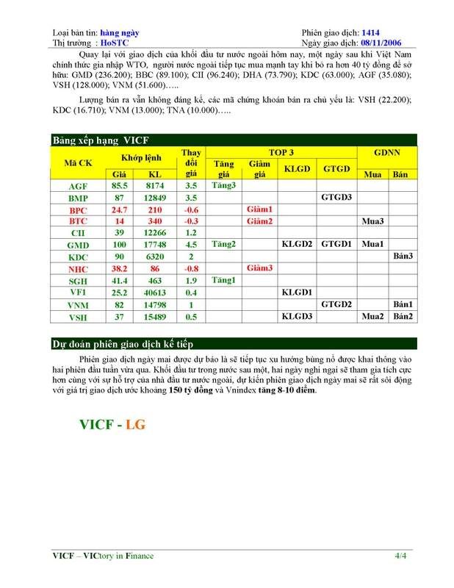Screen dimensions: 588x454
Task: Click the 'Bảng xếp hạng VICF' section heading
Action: coord(100,140)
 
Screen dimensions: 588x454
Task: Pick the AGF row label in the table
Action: coord(78,186)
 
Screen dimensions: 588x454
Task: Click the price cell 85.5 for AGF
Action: coord(118,186)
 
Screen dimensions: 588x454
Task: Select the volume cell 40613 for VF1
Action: coord(155,293)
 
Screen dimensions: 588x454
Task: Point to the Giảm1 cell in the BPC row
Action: coord(261,209)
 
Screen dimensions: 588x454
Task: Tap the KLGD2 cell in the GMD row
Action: coord(298,245)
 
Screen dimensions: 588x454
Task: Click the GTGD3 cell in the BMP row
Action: coord(336,198)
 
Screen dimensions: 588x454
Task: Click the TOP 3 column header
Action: coord(281,152)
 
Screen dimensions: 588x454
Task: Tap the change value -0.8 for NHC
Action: coord(191,268)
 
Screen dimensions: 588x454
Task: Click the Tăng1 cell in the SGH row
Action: coord(224,280)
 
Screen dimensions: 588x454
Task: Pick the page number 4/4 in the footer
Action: coord(400,556)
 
